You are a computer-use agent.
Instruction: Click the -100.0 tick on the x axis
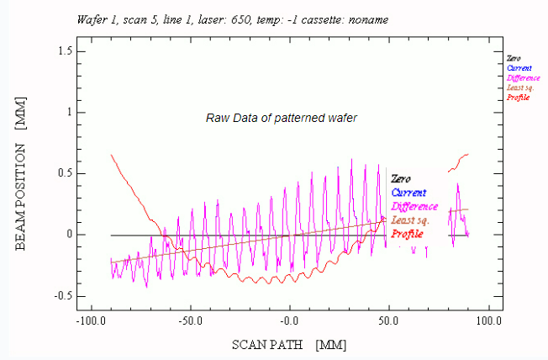[x=92, y=321]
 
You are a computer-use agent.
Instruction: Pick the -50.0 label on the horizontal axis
[x=191, y=321]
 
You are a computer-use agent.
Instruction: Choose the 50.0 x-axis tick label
[x=388, y=321]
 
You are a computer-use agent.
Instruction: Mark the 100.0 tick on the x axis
[x=487, y=321]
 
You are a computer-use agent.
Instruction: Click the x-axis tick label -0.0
[x=289, y=321]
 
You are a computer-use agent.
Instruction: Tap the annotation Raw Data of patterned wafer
[x=282, y=118]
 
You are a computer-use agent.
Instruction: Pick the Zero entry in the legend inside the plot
[x=402, y=179]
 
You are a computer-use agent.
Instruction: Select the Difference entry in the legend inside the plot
[x=414, y=206]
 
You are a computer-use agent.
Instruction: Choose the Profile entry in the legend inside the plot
[x=408, y=233]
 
